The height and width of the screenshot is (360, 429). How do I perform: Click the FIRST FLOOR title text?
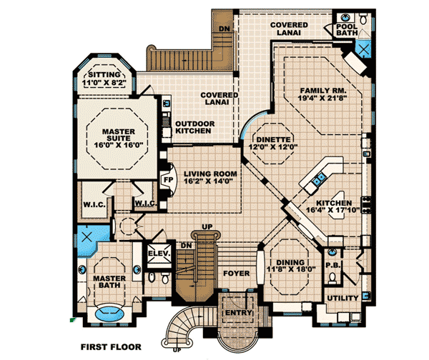(110, 347)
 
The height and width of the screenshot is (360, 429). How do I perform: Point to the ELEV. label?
(157, 253)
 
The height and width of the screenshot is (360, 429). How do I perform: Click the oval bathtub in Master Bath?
(109, 313)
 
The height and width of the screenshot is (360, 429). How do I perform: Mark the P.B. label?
(332, 264)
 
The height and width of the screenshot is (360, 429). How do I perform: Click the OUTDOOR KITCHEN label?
(193, 126)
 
